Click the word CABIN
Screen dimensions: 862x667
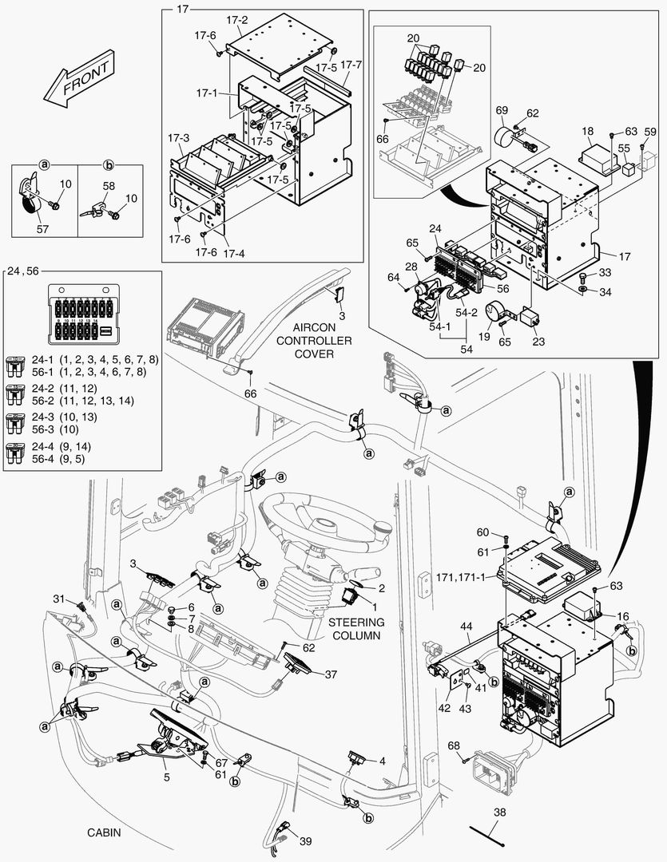point(104,832)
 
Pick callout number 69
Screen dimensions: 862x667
point(502,109)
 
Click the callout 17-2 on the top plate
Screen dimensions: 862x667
point(237,20)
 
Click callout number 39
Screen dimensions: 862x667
point(305,841)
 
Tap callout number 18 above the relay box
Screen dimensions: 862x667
point(587,130)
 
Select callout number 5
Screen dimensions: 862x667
point(165,774)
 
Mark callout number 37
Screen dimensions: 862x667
point(331,674)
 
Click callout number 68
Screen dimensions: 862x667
point(453,745)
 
